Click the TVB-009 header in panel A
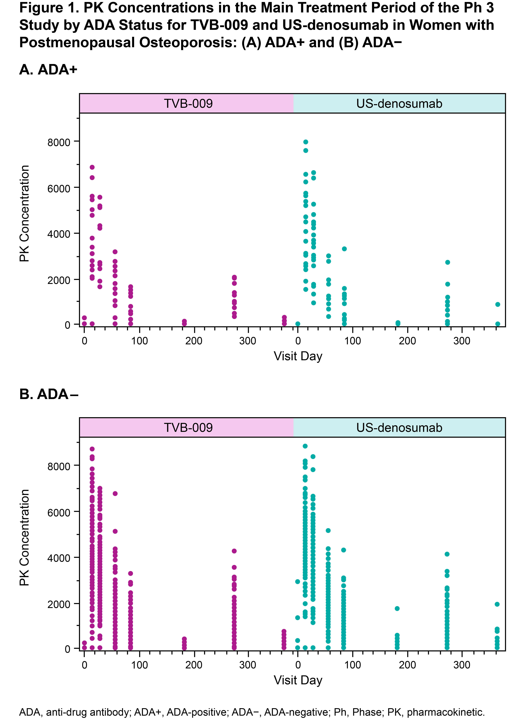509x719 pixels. (188, 103)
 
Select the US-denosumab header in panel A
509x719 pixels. (399, 103)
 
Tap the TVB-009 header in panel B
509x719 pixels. (188, 427)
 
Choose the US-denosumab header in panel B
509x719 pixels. (399, 427)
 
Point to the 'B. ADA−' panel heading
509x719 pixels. (49, 394)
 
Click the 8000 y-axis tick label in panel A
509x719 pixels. (59, 142)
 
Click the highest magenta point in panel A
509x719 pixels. (92, 167)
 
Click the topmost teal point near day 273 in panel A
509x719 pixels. (448, 262)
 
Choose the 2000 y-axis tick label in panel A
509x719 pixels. (59, 280)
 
